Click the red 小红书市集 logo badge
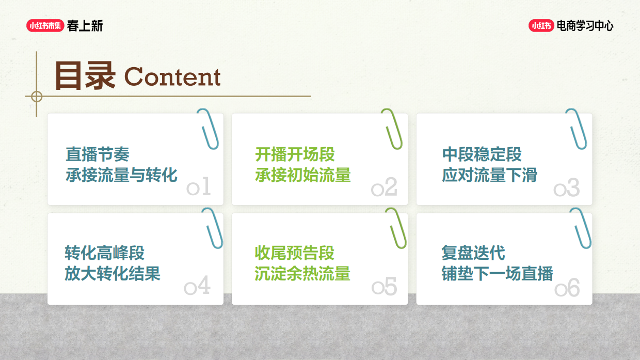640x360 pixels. (45, 25)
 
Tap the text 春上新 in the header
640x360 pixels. (85, 26)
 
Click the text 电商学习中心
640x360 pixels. (585, 26)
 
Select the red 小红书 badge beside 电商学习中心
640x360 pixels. (541, 26)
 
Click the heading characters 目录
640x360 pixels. (85, 76)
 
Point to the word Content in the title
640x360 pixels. (172, 77)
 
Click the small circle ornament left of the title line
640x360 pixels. (37, 96)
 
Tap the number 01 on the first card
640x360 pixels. (199, 187)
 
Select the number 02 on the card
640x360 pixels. (384, 187)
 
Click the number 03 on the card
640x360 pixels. (567, 189)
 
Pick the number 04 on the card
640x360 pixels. (198, 286)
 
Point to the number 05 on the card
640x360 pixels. (384, 287)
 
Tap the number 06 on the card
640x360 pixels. (567, 288)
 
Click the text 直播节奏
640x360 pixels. (97, 154)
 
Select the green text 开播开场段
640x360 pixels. (295, 154)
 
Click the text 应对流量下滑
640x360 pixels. (489, 175)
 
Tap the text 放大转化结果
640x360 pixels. (113, 273)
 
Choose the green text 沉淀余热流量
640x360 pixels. (302, 273)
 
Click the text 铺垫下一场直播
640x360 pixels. (497, 273)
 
